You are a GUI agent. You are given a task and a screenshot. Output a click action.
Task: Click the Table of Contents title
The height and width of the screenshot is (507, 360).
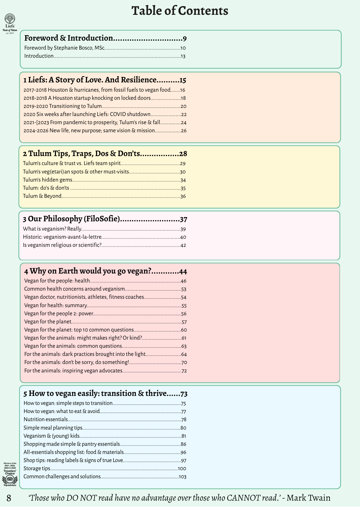pyautogui.click(x=180, y=11)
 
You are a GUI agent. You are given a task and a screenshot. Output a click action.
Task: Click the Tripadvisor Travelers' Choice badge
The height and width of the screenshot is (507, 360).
pyautogui.click(x=10, y=475)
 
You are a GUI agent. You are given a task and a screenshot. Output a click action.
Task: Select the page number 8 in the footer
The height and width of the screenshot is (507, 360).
pyautogui.click(x=9, y=498)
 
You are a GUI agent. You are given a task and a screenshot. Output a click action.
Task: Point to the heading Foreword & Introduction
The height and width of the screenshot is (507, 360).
pyautogui.click(x=69, y=38)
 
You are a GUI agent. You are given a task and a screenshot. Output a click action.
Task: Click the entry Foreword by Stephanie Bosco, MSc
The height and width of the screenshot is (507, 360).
pyautogui.click(x=64, y=48)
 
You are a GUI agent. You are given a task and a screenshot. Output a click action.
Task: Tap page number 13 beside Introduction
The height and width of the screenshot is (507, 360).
pyautogui.click(x=183, y=56)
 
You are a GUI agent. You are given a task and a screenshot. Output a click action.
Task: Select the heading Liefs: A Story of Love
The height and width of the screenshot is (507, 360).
pyautogui.click(x=90, y=80)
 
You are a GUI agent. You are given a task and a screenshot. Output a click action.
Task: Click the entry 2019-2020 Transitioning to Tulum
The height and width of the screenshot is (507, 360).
pyautogui.click(x=62, y=106)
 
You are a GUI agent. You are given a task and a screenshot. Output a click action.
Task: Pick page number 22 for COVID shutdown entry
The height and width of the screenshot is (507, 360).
pyautogui.click(x=184, y=115)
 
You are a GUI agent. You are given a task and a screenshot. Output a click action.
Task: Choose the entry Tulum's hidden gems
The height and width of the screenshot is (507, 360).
pyautogui.click(x=48, y=180)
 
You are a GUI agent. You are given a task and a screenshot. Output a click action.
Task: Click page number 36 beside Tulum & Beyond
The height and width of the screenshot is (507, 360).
pyautogui.click(x=183, y=196)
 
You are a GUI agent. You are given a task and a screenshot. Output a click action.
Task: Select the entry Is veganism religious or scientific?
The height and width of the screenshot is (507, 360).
pyautogui.click(x=62, y=245)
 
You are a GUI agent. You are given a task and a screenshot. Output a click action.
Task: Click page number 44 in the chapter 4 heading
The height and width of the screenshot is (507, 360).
pyautogui.click(x=183, y=271)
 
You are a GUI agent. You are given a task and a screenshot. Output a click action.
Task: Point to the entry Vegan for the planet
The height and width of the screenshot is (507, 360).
pyautogui.click(x=48, y=322)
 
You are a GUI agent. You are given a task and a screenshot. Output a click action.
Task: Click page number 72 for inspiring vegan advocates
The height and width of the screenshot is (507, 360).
pyautogui.click(x=184, y=371)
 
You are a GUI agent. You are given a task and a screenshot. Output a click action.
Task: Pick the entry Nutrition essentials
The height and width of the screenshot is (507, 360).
pyautogui.click(x=46, y=419)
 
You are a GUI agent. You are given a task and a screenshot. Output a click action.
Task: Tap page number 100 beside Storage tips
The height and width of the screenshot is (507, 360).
pyautogui.click(x=182, y=469)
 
